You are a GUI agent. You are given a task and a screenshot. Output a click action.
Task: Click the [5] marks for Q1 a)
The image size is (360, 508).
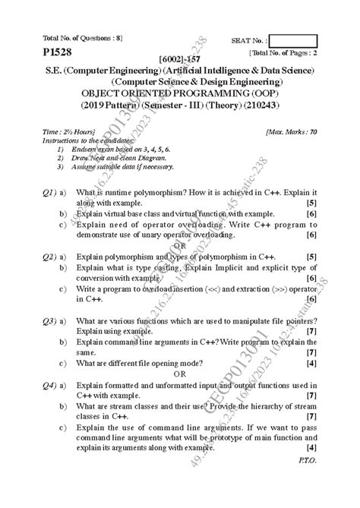point(311,204)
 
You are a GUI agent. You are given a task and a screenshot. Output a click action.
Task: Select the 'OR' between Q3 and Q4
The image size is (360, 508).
point(179,374)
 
